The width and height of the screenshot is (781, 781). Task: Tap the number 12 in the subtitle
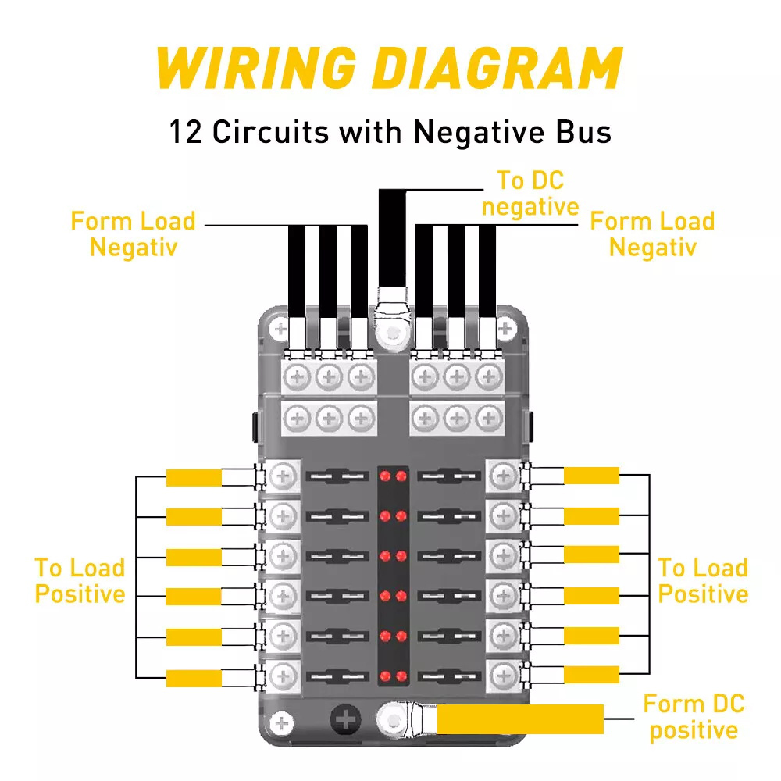click(186, 131)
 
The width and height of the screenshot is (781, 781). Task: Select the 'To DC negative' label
click(530, 194)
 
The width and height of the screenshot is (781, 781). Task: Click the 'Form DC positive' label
click(694, 717)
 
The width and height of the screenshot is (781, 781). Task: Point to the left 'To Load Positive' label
click(80, 580)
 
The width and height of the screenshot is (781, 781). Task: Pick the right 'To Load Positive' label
click(703, 580)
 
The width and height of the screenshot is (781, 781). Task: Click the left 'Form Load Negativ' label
click(133, 234)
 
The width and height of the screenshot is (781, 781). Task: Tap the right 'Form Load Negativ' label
click(652, 234)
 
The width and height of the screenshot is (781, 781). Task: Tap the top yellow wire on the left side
click(194, 477)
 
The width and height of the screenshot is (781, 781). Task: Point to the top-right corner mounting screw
click(505, 326)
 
